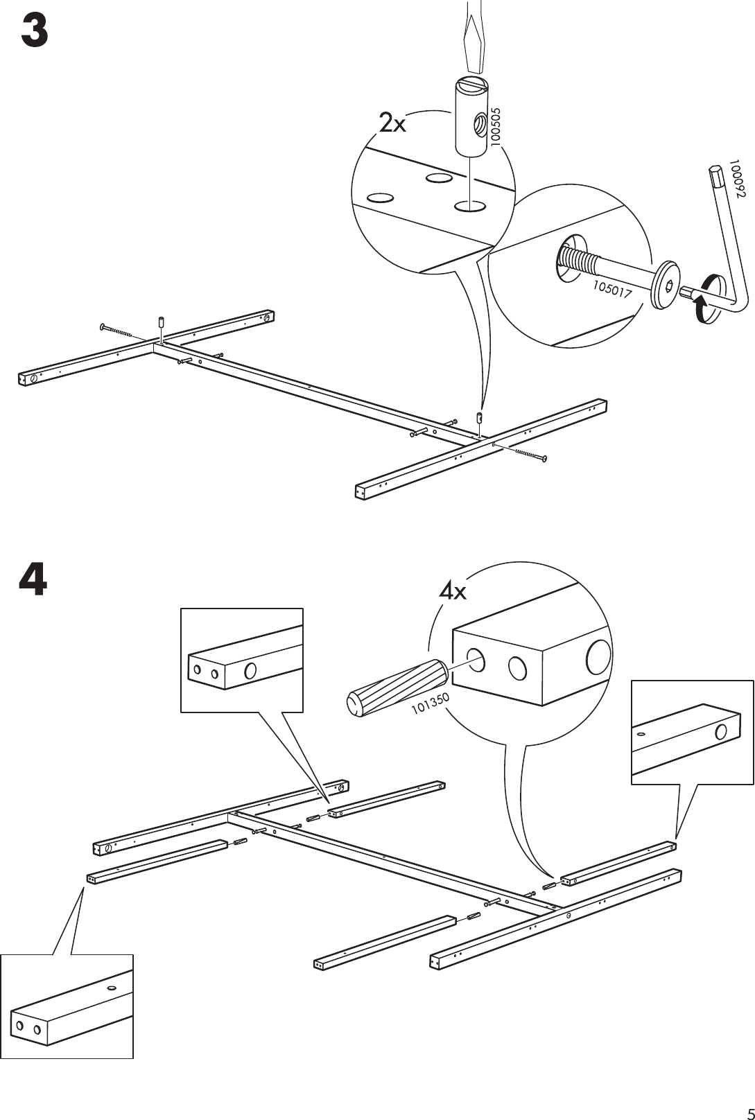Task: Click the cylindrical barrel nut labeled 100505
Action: click(x=472, y=116)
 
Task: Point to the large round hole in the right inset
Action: click(x=721, y=732)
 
